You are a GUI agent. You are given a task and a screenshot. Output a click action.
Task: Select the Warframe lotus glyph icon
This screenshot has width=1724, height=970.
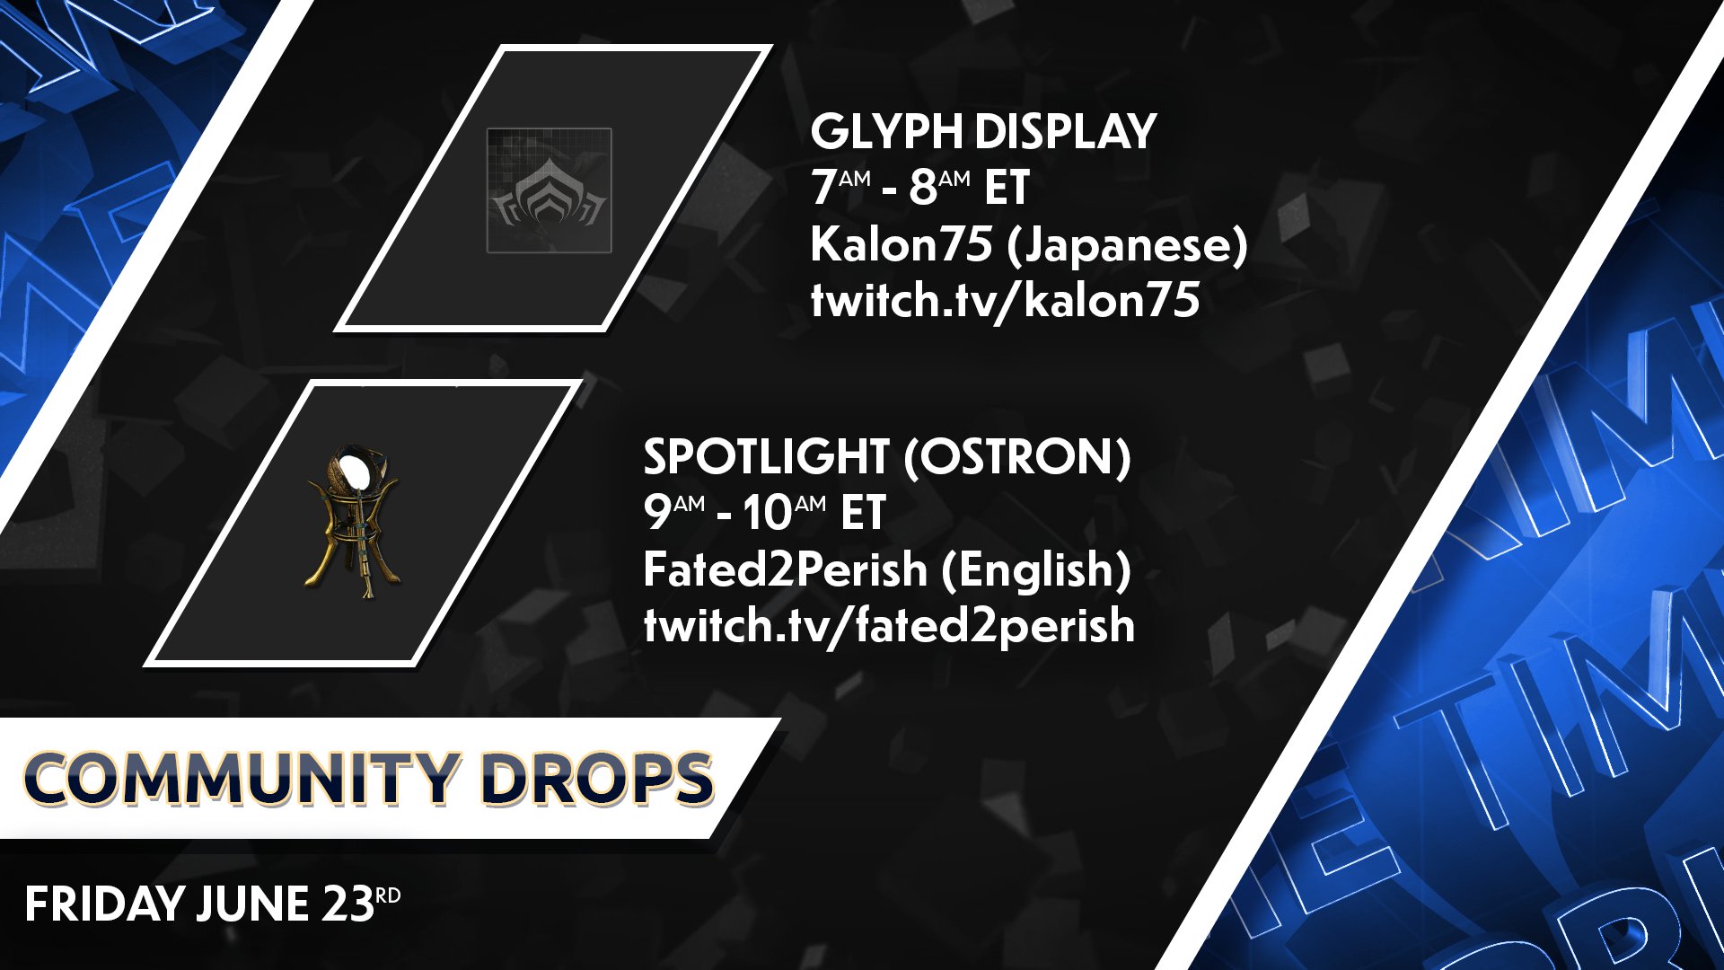pos(549,190)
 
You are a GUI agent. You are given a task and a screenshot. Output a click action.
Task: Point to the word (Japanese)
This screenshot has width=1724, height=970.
pos(1127,246)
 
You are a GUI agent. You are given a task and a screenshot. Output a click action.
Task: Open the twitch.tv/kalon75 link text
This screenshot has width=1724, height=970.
pos(1005,300)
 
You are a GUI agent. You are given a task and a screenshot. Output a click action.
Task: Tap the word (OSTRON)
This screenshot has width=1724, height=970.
pos(1016,457)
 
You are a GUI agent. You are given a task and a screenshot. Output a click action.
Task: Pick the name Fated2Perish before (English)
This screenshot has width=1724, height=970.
pos(785,569)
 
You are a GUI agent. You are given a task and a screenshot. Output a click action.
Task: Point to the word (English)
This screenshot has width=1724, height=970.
pos(1035,570)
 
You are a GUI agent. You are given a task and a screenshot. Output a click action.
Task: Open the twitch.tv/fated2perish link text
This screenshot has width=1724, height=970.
pos(889,625)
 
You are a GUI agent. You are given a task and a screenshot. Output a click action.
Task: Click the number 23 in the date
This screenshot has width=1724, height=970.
pos(348,904)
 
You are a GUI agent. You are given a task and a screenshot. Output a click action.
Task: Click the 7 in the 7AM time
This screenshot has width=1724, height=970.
pos(822,188)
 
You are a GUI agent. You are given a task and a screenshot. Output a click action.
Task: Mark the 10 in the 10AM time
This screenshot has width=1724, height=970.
pos(767,514)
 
